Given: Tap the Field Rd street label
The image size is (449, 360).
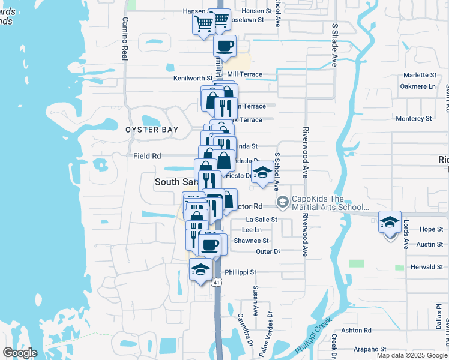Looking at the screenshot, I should click(x=147, y=156).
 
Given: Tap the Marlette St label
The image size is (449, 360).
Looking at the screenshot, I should click(x=420, y=75).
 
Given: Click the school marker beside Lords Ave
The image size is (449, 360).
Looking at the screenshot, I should click(x=390, y=223).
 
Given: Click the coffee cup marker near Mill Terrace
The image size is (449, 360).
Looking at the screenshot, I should click(x=224, y=46).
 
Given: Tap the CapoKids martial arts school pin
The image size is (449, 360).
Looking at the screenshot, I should click(x=280, y=201).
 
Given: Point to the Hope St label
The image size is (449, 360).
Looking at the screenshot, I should click(x=431, y=229).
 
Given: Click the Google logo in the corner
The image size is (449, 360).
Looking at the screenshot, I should click(x=20, y=353).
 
